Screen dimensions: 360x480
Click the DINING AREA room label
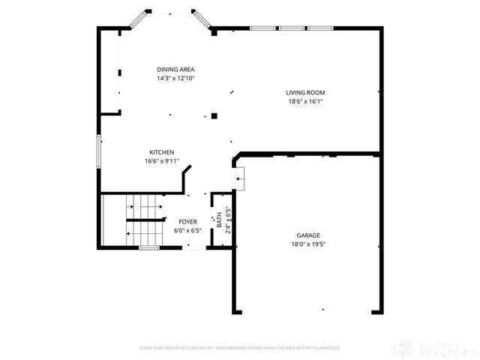[175, 69]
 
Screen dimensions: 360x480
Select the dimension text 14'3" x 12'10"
[175, 78]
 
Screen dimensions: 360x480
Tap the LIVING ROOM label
[305, 93]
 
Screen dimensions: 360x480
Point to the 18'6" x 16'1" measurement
[305, 102]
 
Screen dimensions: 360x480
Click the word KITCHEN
[161, 152]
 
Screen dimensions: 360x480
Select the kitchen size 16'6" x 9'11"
[161, 161]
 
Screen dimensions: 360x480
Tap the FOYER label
[187, 222]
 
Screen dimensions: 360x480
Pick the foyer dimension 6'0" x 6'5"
[187, 230]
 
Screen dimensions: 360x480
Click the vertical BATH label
[219, 221]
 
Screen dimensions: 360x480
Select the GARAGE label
[307, 235]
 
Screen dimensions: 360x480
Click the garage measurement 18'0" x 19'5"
[307, 244]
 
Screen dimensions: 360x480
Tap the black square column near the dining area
[214, 116]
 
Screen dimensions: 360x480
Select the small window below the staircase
[149, 247]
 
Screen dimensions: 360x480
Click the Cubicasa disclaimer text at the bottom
[240, 348]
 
